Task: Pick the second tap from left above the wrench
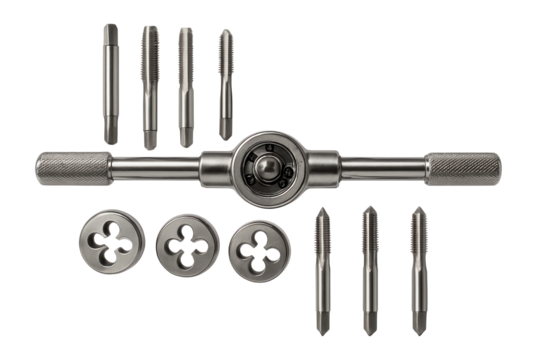pyautogui.click(x=149, y=86)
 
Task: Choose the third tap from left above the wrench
pyautogui.click(x=186, y=86)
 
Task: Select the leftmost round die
pyautogui.click(x=111, y=242)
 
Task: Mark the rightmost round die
pyautogui.click(x=258, y=250)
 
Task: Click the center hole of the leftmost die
pyautogui.click(x=112, y=242)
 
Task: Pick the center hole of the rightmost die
pyautogui.click(x=258, y=250)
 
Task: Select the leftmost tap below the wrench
pyautogui.click(x=322, y=270)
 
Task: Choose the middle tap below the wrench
pyautogui.click(x=370, y=270)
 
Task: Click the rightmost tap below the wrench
pyautogui.click(x=418, y=270)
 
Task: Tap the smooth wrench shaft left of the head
pyautogui.click(x=155, y=167)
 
